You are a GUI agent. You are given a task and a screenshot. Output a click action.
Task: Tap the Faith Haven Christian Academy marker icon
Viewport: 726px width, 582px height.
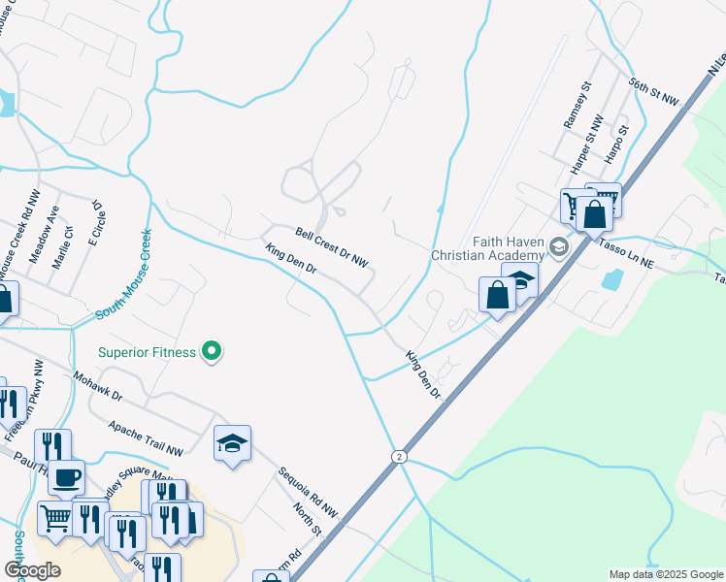coord(558,247)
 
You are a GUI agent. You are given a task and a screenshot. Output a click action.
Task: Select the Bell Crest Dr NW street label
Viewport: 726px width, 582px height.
coord(333,247)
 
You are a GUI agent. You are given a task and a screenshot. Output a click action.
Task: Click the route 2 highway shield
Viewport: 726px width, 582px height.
coord(398,456)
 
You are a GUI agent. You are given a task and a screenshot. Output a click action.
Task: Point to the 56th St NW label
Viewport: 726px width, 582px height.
coord(657,92)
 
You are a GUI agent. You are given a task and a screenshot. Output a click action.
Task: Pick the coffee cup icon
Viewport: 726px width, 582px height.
coord(66,477)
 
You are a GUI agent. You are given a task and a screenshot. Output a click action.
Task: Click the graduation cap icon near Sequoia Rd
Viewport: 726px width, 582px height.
coord(232,443)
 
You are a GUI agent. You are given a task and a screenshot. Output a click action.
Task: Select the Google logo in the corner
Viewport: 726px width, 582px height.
coord(33,569)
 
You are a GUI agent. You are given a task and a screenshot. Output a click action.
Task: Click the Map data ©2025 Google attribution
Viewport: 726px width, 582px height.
coord(665,574)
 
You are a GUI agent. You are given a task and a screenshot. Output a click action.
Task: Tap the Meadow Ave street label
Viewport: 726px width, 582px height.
coord(44,235)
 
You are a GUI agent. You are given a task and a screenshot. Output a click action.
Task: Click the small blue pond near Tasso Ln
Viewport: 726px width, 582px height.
coord(612,280)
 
